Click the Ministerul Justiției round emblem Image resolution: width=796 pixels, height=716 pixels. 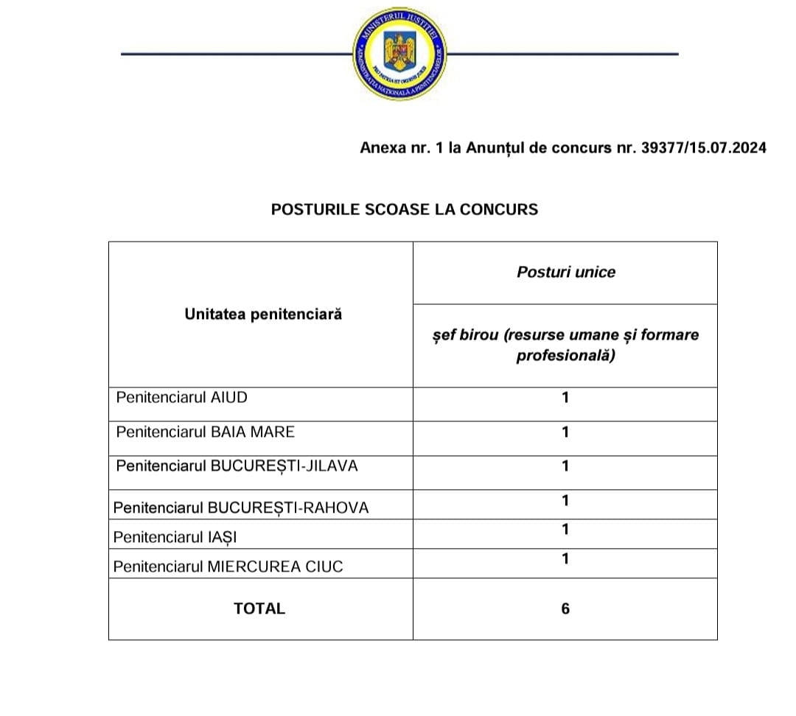pos(400,55)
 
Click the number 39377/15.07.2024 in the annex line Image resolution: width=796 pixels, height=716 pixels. pos(704,148)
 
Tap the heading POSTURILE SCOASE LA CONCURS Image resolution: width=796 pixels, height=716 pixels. pos(405,209)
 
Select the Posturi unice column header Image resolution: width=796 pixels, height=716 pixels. pos(565,272)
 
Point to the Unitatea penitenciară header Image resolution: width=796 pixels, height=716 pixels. pos(263,315)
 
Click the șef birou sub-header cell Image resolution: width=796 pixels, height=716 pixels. pos(565,345)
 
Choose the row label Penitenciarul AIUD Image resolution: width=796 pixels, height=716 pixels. pos(182,398)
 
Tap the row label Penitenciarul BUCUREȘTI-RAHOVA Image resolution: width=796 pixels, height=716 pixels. pos(241,508)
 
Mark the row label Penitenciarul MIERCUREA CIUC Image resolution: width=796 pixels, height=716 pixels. pos(228,567)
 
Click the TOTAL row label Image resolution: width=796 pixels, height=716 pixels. pos(259,608)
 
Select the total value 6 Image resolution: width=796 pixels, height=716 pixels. pos(565,608)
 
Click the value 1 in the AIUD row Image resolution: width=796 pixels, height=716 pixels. pos(565,398)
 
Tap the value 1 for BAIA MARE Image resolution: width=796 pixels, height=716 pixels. pos(565,432)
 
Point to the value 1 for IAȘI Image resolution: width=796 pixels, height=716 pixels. pos(565,530)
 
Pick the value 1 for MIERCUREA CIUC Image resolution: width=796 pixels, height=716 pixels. pos(565,559)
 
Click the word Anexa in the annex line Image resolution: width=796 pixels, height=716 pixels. pos(381,148)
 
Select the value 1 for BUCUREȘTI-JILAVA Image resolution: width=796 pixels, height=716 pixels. pos(565,466)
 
